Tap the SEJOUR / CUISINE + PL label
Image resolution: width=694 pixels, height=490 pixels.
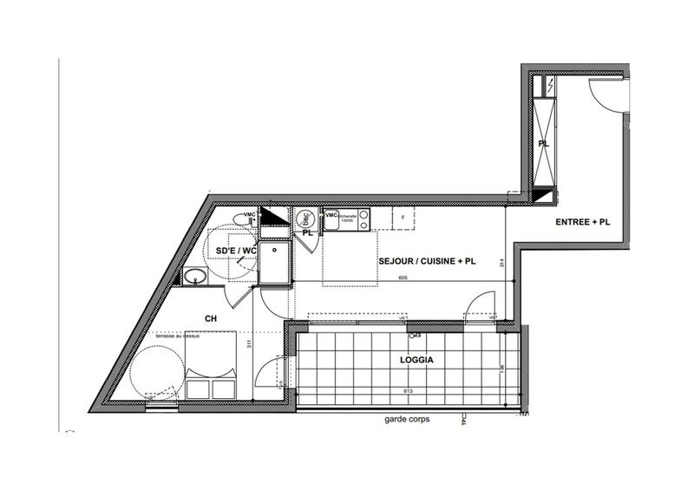tap(427, 260)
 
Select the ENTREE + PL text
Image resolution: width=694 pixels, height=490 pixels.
tap(582, 222)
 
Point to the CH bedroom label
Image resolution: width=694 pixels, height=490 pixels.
tap(210, 319)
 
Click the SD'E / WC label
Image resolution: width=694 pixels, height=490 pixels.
tap(235, 252)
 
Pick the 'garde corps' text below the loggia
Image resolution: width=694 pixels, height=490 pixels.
tap(407, 420)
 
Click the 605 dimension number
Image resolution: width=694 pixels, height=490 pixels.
tap(403, 278)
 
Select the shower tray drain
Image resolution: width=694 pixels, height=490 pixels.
tap(275, 248)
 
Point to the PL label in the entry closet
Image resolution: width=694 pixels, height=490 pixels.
tap(543, 144)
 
